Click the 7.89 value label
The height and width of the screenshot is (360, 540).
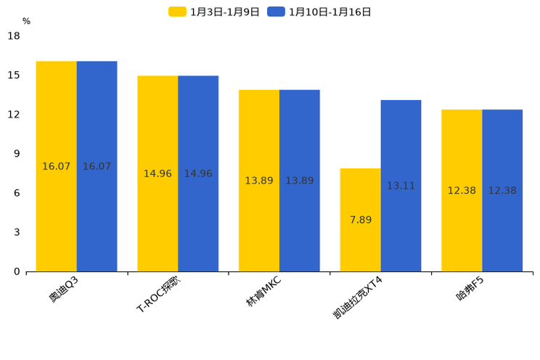(361, 220)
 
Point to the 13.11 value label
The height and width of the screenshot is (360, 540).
(401, 186)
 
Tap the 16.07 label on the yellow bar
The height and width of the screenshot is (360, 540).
(57, 166)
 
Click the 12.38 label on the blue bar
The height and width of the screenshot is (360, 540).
(502, 190)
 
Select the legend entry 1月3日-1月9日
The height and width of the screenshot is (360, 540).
(214, 12)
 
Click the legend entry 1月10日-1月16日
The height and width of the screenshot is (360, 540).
(320, 12)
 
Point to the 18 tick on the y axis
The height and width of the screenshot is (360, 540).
(14, 36)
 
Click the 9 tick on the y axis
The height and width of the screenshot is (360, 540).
(17, 154)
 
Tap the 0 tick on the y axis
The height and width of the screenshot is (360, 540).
(17, 271)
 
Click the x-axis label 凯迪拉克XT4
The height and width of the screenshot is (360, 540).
(358, 297)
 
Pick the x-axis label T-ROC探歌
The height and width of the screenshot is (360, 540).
(159, 294)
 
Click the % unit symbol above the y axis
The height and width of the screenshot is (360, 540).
(26, 21)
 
